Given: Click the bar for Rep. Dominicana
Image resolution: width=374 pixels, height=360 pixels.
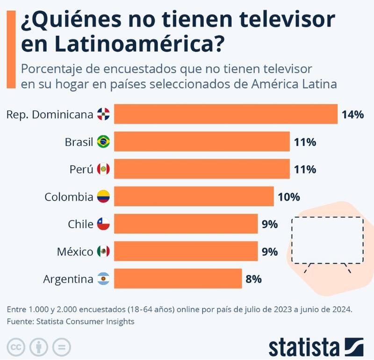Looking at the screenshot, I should click(x=226, y=114).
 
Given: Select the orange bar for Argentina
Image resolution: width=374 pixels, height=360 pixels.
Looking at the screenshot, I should click(x=178, y=279).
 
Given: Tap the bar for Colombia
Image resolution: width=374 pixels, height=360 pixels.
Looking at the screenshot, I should click(x=194, y=197).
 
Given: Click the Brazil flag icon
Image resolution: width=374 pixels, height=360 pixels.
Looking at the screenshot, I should click(x=103, y=142).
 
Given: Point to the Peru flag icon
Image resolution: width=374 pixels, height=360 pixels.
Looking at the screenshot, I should click(x=103, y=169).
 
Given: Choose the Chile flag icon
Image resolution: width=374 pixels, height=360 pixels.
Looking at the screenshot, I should click(x=103, y=224).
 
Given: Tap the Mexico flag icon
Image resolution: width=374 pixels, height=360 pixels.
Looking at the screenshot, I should click(x=103, y=252).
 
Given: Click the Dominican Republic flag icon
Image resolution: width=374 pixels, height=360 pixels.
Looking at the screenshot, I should click(x=103, y=114).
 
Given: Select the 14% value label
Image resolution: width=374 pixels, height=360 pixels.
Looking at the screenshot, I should click(x=352, y=114).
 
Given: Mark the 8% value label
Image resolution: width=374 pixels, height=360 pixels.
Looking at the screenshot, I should click(x=253, y=279).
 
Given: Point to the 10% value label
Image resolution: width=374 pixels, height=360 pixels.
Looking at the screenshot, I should click(x=288, y=197).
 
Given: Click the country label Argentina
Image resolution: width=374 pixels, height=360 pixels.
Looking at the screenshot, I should click(x=68, y=280).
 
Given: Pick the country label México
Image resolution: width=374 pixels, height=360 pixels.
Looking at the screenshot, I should click(x=75, y=252).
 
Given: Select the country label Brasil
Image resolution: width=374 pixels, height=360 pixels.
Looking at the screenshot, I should click(x=79, y=142).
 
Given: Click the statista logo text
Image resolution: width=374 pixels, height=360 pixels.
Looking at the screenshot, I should click(x=304, y=347).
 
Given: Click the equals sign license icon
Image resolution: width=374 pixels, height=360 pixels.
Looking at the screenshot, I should click(x=61, y=347).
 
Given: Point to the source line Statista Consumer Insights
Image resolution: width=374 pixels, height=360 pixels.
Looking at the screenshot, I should click(x=70, y=321).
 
